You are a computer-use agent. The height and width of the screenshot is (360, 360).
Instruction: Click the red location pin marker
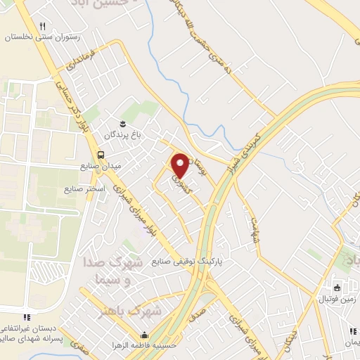pyautogui.click(x=181, y=165)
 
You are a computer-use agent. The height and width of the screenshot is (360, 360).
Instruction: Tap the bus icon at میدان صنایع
pyautogui.click(x=101, y=155)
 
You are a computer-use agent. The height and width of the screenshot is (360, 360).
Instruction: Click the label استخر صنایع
pyautogui.click(x=84, y=189)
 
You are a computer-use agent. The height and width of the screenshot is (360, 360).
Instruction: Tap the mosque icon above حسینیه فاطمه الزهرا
pyautogui.click(x=145, y=334)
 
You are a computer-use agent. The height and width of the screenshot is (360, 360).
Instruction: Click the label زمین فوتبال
pyautogui.click(x=335, y=299)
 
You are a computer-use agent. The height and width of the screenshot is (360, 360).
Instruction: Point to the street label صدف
pyautogui.click(x=198, y=307)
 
